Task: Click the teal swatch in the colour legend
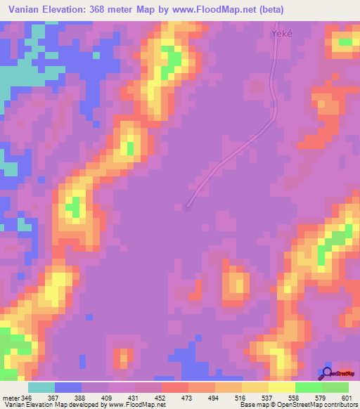pyautogui.click(x=41, y=387)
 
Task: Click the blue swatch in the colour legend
pyautogui.click(x=68, y=387)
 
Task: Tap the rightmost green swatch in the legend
pyautogui.click(x=335, y=387)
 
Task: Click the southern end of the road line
pyautogui.click(x=187, y=206)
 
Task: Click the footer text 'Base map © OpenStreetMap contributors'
pyautogui.click(x=298, y=405)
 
